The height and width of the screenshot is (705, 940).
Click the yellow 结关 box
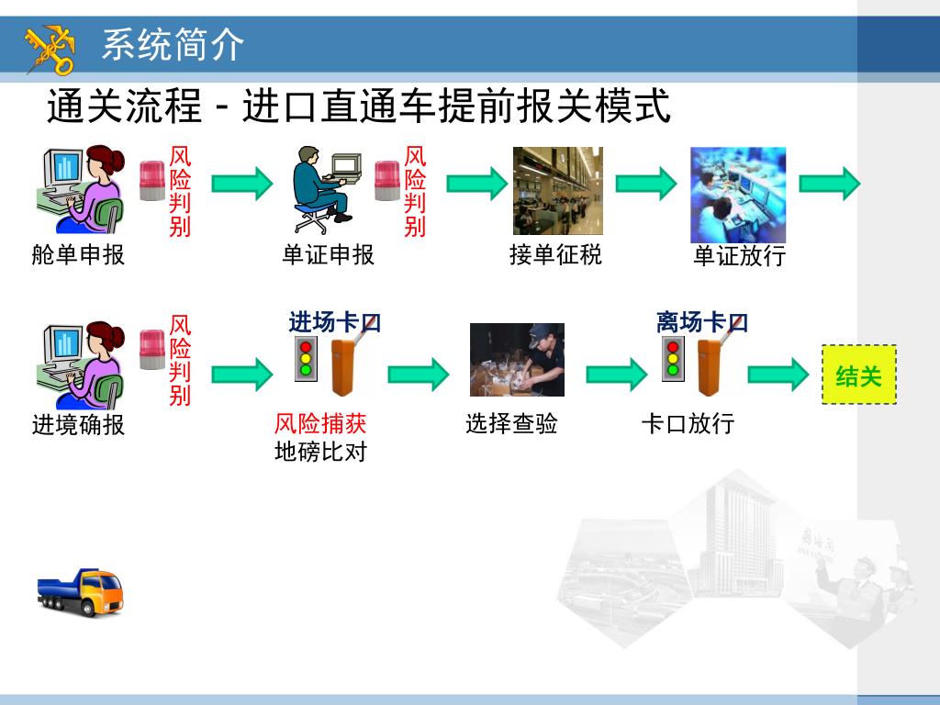coord(858,375)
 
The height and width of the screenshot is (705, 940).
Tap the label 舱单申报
coord(78,254)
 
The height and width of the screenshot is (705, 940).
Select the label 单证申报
coord(328,254)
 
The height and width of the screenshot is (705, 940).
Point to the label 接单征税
coord(555,254)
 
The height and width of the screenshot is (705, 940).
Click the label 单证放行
coord(739,255)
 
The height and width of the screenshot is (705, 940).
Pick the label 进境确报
coord(78,424)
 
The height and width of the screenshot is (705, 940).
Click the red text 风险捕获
coord(320,423)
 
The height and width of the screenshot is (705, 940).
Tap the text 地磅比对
coord(320,452)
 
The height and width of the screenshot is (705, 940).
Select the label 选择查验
coord(511,423)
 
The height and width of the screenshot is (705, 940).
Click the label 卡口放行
coord(688,423)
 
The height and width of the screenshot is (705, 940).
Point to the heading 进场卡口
coord(334,322)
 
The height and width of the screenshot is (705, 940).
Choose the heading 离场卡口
coord(701,322)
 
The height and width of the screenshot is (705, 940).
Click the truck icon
coord(80,592)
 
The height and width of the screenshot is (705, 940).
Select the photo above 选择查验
coord(517,360)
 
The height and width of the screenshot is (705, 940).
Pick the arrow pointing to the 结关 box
coord(778,375)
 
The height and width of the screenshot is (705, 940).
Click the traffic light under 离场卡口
coord(673,360)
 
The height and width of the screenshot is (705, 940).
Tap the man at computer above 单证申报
coord(323,190)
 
